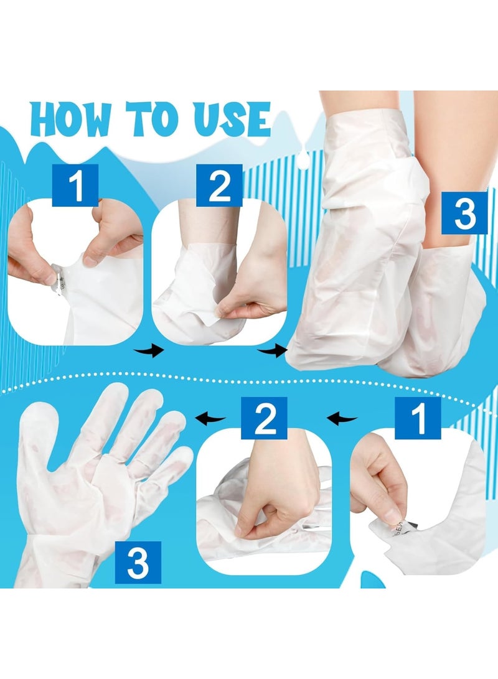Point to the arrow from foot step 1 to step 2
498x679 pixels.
tap(150, 352)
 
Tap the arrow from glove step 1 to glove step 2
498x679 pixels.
tap(342, 418)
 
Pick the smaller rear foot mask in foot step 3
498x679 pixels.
tap(436, 311)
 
